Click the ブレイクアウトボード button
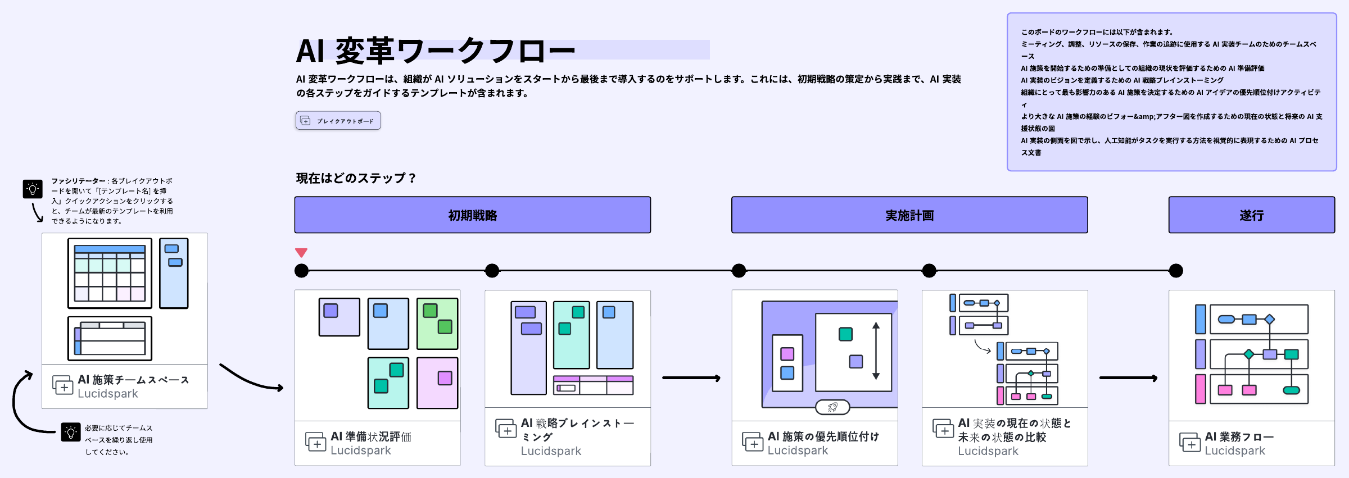coord(338,121)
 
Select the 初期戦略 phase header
coord(472,215)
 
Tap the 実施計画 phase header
coord(909,215)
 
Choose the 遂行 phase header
coord(1251,215)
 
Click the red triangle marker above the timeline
coord(301,253)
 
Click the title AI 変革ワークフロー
coord(436,51)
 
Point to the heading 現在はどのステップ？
coord(356,178)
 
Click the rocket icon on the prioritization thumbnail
coord(832,407)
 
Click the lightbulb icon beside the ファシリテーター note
coord(33,189)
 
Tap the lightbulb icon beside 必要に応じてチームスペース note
coord(71,432)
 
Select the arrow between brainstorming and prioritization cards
coord(691,378)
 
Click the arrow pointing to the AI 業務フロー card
coord(1128,378)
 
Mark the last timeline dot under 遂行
coord(1176,271)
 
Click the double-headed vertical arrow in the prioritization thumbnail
coord(876,351)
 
